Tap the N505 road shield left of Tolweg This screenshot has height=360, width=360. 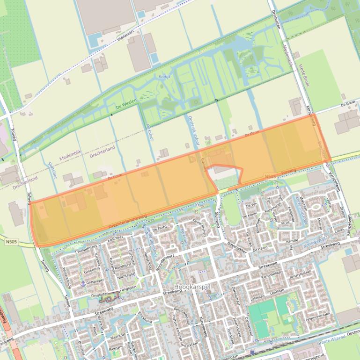point(12,242)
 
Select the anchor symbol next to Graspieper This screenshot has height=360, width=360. point(83,283)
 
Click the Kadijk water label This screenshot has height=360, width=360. point(165,77)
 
